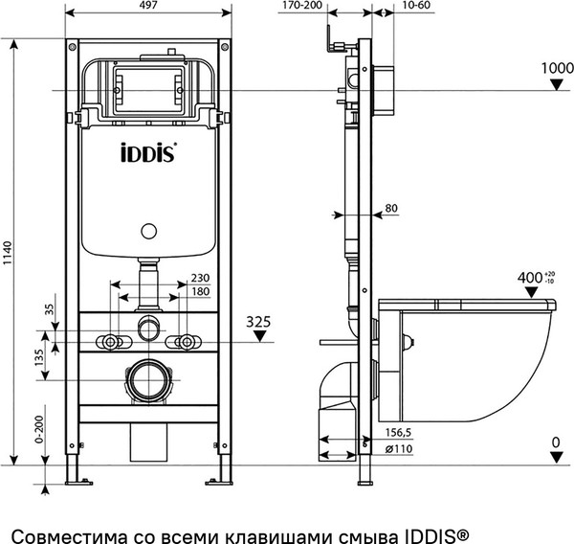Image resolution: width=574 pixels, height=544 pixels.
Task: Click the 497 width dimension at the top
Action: [147, 6]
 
